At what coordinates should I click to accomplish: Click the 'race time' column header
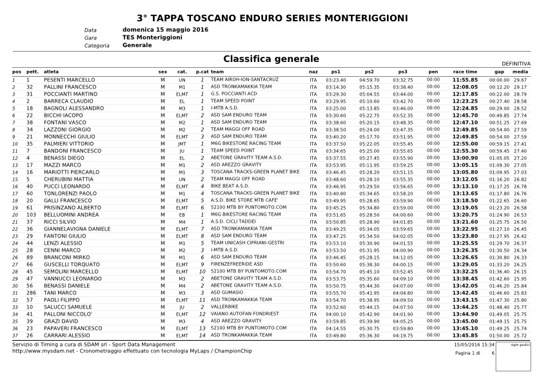pyautogui.click(x=465, y=72)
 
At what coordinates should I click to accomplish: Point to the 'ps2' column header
pyautogui.click(x=369, y=72)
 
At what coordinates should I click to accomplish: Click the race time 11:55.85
pyautogui.click(x=465, y=80)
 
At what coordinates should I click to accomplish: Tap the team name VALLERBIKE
pyautogui.click(x=224, y=307)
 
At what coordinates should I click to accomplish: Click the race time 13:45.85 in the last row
pyautogui.click(x=465, y=336)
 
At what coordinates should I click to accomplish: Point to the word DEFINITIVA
pyautogui.click(x=517, y=64)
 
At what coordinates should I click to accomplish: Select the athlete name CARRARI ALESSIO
pyautogui.click(x=67, y=336)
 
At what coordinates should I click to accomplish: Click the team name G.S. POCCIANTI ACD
pyautogui.click(x=233, y=94)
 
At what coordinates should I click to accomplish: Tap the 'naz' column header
pyautogui.click(x=313, y=72)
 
